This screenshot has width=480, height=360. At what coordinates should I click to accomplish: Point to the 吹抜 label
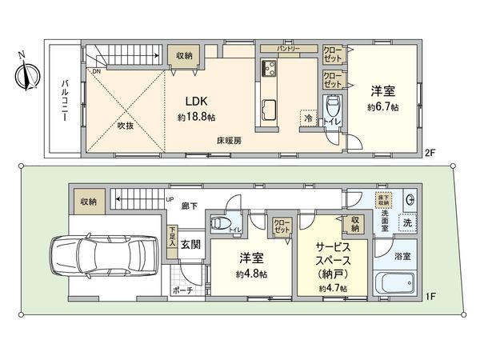point(126,126)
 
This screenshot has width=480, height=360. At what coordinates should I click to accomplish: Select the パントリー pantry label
point(288,49)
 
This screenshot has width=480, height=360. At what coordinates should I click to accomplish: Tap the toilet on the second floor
point(334,107)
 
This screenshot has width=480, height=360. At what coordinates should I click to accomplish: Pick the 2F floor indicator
point(430,152)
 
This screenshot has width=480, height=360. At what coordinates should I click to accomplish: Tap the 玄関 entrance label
point(191,244)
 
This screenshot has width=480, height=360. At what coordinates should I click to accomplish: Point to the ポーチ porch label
point(183,291)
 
